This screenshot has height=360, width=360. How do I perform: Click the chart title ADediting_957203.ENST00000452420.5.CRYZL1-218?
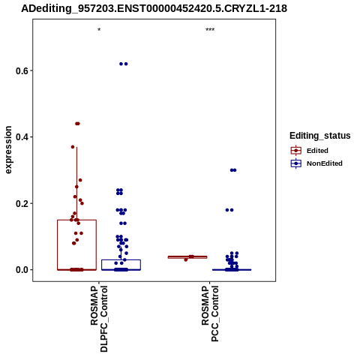pyautogui.click(x=154, y=8)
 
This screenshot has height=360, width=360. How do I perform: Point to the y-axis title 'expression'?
pyautogui.click(x=8, y=150)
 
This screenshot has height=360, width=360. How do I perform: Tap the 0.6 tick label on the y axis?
pyautogui.click(x=21, y=70)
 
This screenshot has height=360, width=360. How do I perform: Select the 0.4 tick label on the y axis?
pyautogui.click(x=21, y=137)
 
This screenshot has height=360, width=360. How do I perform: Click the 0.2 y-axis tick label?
pyautogui.click(x=21, y=203)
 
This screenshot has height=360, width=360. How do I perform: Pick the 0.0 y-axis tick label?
pyautogui.click(x=21, y=270)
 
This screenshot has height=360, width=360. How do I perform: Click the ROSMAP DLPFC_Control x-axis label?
pyautogui.click(x=99, y=319)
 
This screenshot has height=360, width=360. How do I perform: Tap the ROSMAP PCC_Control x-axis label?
pyautogui.click(x=210, y=313)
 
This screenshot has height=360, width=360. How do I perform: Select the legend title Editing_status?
pyautogui.click(x=320, y=136)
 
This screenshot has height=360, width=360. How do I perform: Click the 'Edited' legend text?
pyautogui.click(x=317, y=151)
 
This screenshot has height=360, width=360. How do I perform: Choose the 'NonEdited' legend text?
pyautogui.click(x=325, y=163)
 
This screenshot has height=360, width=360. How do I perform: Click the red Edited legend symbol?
pyautogui.click(x=296, y=151)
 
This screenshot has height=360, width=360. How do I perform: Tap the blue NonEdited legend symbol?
pyautogui.click(x=296, y=163)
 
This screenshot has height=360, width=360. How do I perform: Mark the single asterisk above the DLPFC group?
pyautogui.click(x=99, y=30)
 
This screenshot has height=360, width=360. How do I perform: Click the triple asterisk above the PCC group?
pyautogui.click(x=210, y=30)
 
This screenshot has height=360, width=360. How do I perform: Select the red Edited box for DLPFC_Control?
pyautogui.click(x=57, y=245)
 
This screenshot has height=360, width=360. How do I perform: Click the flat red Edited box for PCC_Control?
pyautogui.click(x=187, y=257)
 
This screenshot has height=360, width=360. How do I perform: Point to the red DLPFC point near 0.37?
pyautogui.click(x=73, y=147)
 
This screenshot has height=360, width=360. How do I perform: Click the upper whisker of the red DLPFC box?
pyautogui.click(x=76, y=184)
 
